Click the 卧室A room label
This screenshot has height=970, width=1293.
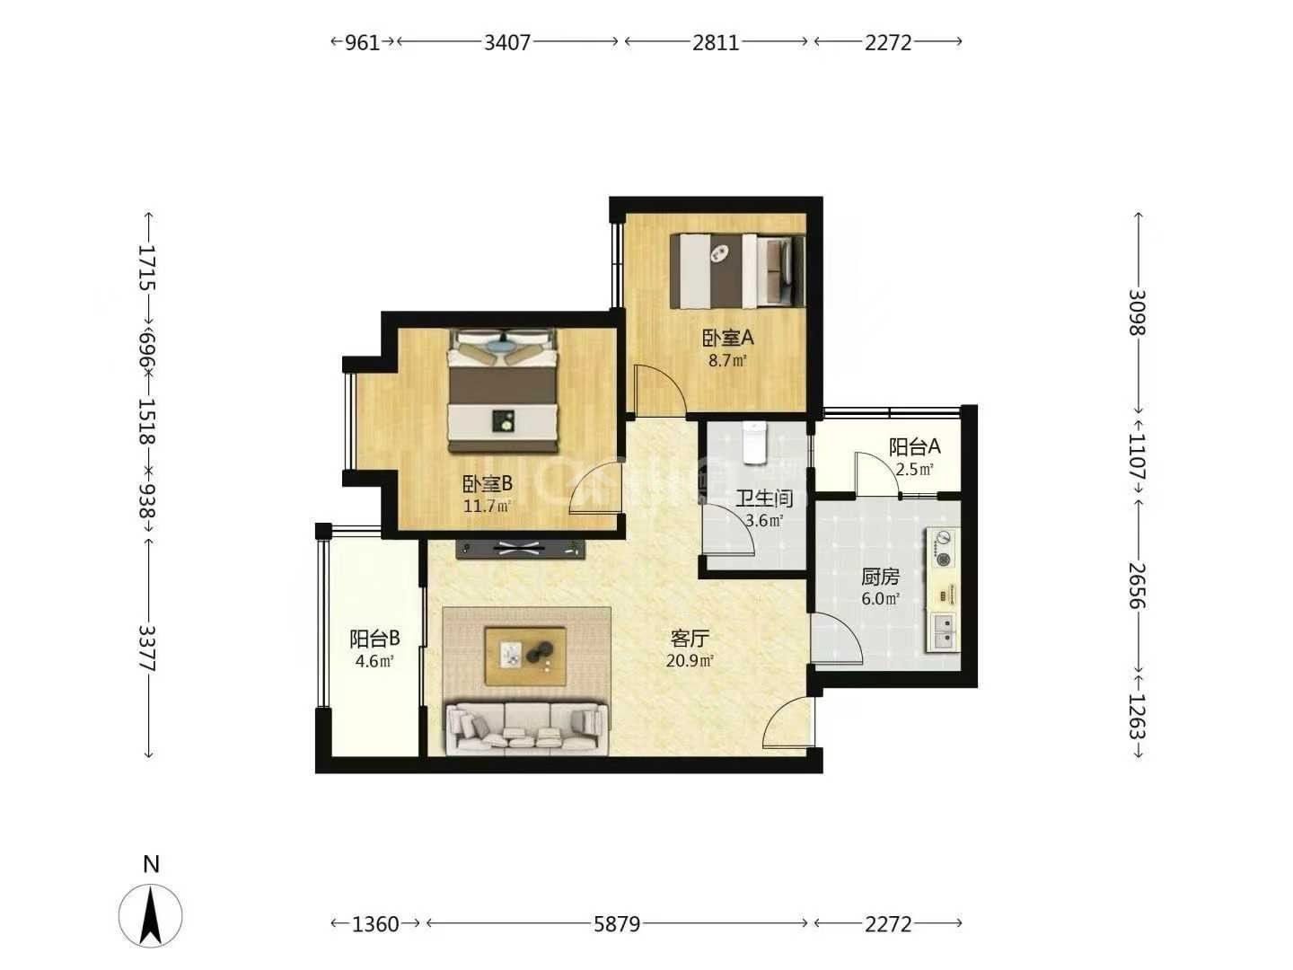tap(727, 338)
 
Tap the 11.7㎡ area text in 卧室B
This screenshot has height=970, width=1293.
tap(487, 506)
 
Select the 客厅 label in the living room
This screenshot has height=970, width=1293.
tap(690, 639)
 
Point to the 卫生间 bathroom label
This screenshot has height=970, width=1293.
tap(764, 498)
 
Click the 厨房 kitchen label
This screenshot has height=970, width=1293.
tap(880, 577)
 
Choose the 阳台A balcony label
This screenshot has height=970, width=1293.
tap(914, 447)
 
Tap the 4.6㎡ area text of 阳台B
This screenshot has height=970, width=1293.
tap(374, 661)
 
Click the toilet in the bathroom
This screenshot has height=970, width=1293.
tap(754, 442)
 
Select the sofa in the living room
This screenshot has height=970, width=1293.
tap(527, 727)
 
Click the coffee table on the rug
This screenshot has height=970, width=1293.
tap(525, 656)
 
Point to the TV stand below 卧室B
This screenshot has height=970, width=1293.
tap(521, 549)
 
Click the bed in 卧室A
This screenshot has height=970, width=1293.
tap(737, 271)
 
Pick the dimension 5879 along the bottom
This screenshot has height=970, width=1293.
tap(616, 923)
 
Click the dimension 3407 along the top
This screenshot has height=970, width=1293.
tap(506, 42)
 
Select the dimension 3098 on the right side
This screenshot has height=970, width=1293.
tap(1136, 313)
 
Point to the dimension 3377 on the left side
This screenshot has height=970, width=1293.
tap(146, 648)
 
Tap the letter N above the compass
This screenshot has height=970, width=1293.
tap(152, 864)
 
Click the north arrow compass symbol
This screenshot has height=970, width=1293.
tap(150, 915)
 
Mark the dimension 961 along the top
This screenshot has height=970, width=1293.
tap(362, 42)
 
